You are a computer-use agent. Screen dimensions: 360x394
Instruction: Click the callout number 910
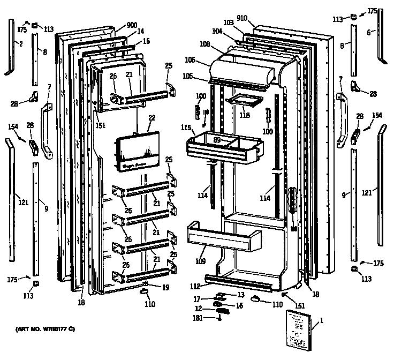pyautogui.click(x=241, y=18)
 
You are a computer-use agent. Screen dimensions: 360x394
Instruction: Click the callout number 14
pyautogui.click(x=140, y=32)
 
